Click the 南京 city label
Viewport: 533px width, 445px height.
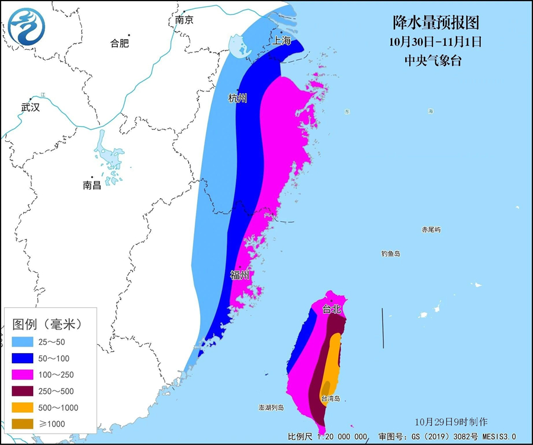184,20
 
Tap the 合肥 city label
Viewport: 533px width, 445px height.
120,43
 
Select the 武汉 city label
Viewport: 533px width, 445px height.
30,107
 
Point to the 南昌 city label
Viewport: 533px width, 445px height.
92,185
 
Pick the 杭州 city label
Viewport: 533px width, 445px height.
237,98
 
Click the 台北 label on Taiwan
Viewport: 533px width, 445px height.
332,309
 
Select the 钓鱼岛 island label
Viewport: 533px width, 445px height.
391,254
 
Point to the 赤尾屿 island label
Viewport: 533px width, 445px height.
431,230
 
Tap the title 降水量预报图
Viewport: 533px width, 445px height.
436,23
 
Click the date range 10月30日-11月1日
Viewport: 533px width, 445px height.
436,42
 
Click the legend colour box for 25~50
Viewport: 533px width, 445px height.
24,342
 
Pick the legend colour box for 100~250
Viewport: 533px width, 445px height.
24,375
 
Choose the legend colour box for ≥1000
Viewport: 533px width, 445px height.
24,424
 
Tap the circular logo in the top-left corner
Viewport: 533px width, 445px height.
27,26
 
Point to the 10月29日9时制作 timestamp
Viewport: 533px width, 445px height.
451,422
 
